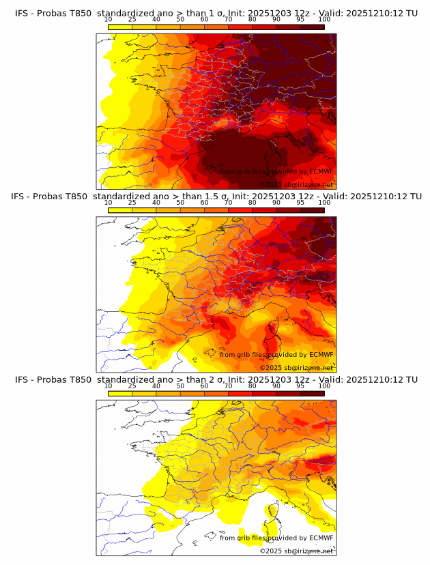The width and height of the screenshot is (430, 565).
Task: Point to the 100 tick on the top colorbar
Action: coord(324,20)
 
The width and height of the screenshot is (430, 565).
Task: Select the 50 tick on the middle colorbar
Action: coord(180,203)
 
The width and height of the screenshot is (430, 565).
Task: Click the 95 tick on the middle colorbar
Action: coord(300,203)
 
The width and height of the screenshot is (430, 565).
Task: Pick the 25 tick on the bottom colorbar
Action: coord(132,386)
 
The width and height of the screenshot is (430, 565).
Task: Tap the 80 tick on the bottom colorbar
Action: coord(253,386)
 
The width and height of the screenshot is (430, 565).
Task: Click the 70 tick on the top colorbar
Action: coord(229,20)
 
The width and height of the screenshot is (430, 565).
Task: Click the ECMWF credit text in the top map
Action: coord(276,171)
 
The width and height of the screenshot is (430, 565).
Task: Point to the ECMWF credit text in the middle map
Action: coord(276,354)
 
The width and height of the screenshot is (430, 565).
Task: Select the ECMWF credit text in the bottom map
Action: coord(276,538)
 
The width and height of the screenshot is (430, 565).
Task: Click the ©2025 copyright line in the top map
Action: coord(296,184)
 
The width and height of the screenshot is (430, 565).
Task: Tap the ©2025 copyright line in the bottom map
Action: coord(296,551)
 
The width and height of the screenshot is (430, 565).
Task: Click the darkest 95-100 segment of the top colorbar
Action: coord(312,27)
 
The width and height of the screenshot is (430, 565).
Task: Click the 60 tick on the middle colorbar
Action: coord(204,203)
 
